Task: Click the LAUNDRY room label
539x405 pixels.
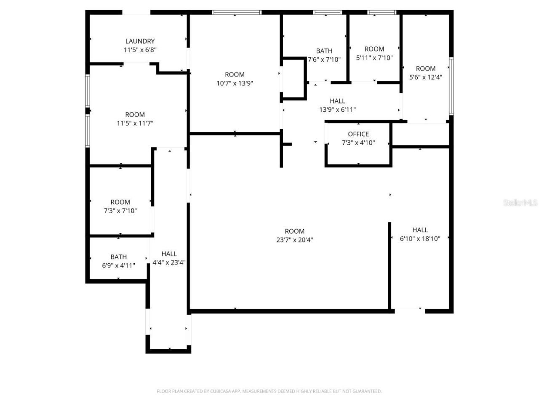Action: (140, 41)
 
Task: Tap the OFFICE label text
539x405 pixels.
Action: (358, 134)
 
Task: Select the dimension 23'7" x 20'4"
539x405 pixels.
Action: (294, 240)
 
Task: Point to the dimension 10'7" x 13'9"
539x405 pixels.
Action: (235, 84)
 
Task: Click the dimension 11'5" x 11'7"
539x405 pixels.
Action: (135, 124)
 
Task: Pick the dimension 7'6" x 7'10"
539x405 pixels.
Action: (324, 60)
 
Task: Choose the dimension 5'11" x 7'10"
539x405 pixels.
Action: (374, 58)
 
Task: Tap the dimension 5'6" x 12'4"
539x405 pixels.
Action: (426, 77)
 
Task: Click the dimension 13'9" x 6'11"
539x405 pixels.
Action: (337, 110)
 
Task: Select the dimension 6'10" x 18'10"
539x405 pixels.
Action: (420, 239)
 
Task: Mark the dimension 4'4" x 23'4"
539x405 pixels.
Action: (169, 262)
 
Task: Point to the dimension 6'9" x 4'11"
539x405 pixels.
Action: (118, 266)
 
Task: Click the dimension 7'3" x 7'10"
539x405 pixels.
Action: (120, 211)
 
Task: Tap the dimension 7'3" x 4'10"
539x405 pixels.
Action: (358, 143)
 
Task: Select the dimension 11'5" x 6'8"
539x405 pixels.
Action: (140, 50)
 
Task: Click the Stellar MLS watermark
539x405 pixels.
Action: (520, 203)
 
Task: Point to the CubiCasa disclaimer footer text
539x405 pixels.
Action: (269, 391)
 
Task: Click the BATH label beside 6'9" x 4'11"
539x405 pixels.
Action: (118, 257)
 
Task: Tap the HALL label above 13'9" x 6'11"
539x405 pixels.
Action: (337, 101)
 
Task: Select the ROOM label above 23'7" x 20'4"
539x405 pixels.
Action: (294, 231)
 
